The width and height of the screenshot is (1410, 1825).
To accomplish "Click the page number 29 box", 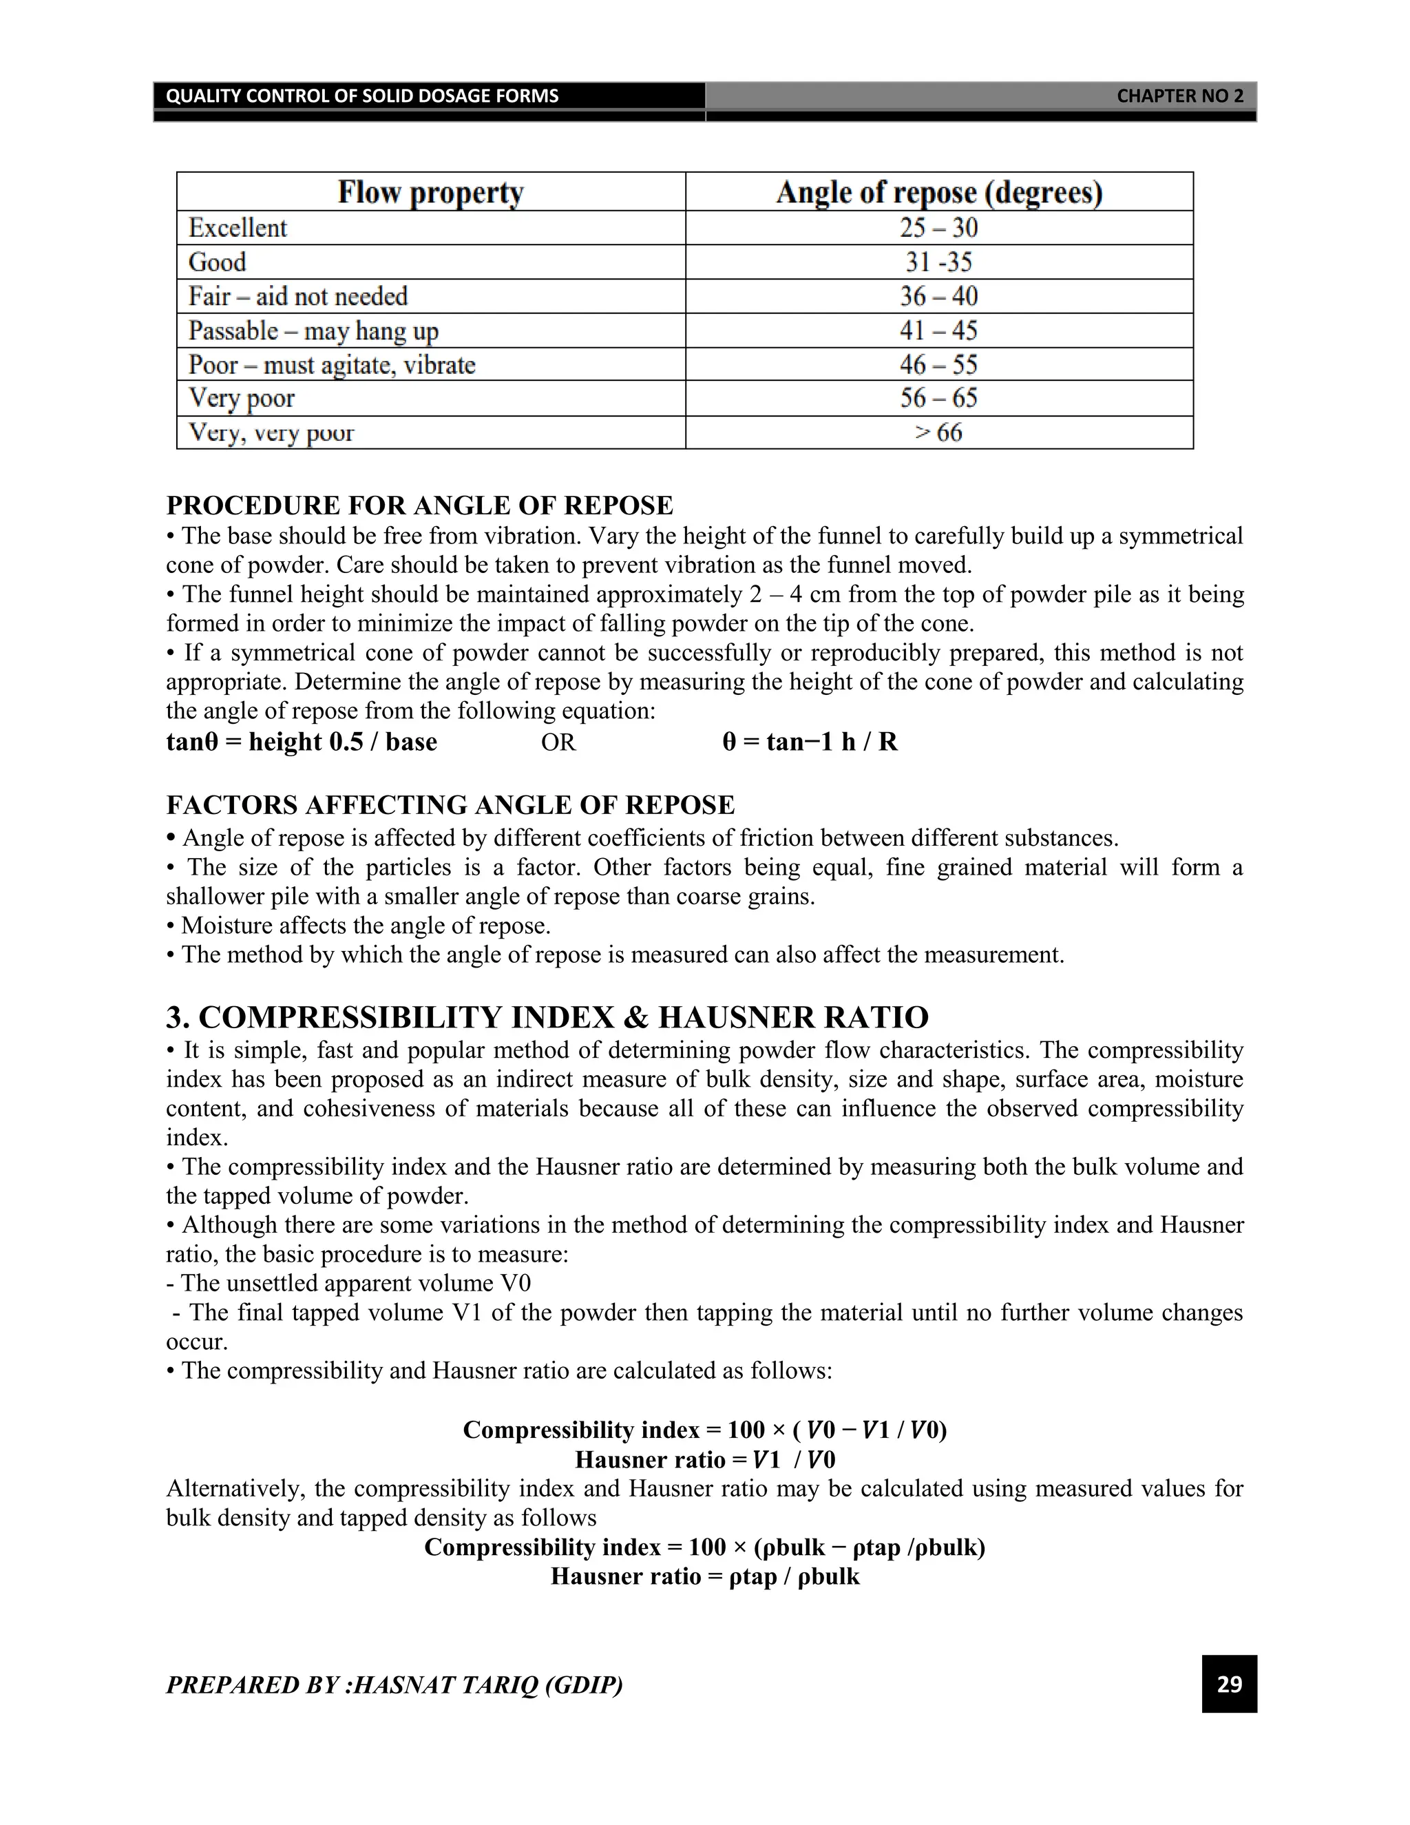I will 1229,1683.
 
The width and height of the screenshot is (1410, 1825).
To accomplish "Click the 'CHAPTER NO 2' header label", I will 1179,96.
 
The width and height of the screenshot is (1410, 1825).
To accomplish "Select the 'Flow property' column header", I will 430,192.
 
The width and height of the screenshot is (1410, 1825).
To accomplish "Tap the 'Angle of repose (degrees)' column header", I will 939,192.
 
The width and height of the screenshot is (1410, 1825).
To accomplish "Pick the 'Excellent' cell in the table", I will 238,228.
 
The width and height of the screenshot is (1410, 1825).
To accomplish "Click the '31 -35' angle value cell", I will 939,262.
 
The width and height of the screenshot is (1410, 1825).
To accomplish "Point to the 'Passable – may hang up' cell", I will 313,331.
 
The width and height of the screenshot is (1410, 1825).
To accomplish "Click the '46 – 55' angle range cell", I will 939,365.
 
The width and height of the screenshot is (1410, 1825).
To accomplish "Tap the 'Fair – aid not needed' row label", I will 298,297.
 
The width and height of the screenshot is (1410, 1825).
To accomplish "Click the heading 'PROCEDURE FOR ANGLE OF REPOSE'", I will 419,505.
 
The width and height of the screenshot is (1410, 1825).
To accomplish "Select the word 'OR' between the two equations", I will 558,742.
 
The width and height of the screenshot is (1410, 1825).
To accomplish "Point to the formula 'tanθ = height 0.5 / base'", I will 302,742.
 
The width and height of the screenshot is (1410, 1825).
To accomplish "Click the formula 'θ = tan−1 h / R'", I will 810,742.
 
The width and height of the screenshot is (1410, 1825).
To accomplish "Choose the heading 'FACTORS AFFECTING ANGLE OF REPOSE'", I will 450,804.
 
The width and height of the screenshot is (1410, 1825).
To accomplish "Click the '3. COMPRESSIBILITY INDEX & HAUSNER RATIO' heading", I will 547,1018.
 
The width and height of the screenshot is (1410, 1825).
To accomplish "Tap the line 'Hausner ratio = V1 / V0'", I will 705,1459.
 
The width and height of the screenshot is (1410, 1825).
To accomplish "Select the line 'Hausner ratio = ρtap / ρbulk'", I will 705,1576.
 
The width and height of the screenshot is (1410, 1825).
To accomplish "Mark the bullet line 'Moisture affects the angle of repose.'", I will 365,926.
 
